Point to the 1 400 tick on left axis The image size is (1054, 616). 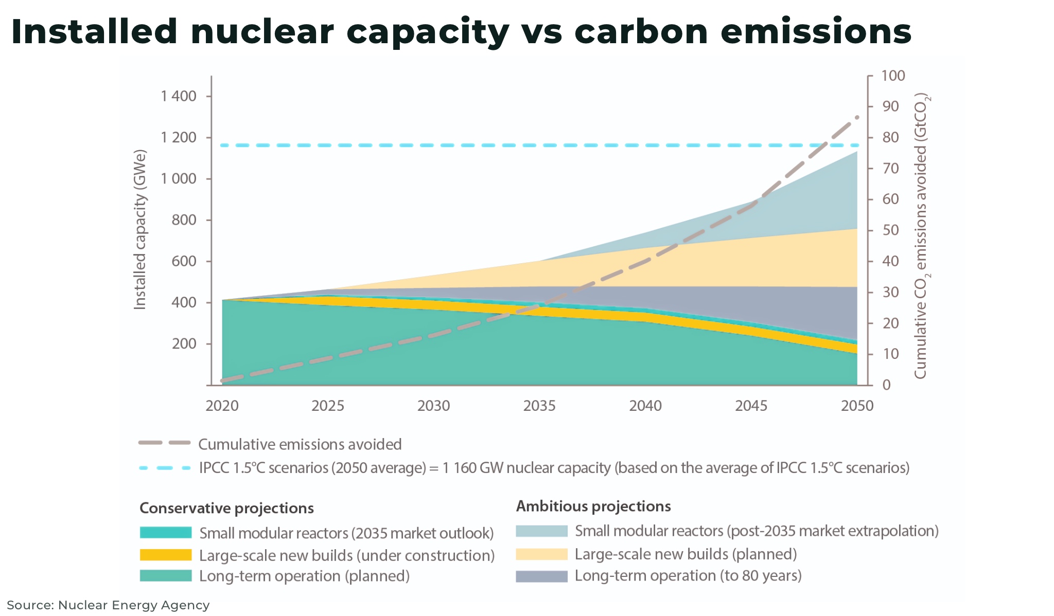pyautogui.click(x=179, y=96)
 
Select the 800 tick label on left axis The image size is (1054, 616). pyautogui.click(x=184, y=220)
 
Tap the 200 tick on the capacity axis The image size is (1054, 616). pyautogui.click(x=184, y=343)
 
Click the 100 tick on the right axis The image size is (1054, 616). pyautogui.click(x=893, y=76)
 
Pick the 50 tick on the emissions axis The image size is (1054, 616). pyautogui.click(x=890, y=230)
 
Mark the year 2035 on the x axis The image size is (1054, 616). pyautogui.click(x=539, y=406)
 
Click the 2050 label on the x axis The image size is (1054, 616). pyautogui.click(x=857, y=406)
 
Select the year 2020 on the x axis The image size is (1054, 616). pyautogui.click(x=222, y=406)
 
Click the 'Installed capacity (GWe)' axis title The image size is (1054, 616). pyautogui.click(x=140, y=229)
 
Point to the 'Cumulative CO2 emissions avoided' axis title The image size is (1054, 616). pyautogui.click(x=921, y=237)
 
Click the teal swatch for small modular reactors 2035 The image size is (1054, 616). pyautogui.click(x=165, y=533)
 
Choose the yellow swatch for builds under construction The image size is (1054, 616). pyautogui.click(x=165, y=555)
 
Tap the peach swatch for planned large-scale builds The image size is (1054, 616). pyautogui.click(x=541, y=554)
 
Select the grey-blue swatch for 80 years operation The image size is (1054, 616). pyautogui.click(x=541, y=576)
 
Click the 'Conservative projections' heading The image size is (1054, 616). pyautogui.click(x=226, y=508)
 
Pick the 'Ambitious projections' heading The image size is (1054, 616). pyautogui.click(x=593, y=506)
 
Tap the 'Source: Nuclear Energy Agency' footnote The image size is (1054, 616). pyautogui.click(x=108, y=605)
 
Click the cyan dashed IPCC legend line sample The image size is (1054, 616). pyautogui.click(x=164, y=468)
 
